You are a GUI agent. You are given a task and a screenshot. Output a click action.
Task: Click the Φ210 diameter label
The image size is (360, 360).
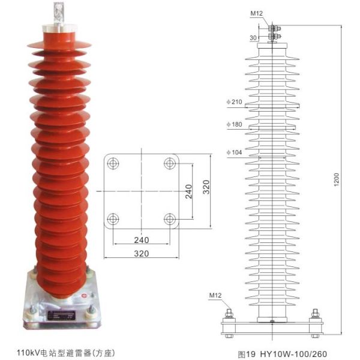pos(234,102)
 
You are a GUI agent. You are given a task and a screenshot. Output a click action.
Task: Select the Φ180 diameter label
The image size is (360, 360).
pos(234,124)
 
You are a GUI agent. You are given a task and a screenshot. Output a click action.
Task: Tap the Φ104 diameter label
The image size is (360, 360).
pos(234,152)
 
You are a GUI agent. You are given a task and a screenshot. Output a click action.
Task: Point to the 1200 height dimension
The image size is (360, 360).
pos(337,179)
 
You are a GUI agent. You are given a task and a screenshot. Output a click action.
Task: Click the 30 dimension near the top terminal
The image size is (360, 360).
pos(253,38)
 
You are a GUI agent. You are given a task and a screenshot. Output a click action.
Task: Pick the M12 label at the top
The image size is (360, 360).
pos(256,14)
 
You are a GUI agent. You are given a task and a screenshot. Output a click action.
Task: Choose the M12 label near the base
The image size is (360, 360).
pos(215,295)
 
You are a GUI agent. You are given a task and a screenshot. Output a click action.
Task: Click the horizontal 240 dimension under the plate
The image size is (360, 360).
pos(142,240)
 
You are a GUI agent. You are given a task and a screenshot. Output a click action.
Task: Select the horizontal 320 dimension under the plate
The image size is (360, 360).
pos(142,253)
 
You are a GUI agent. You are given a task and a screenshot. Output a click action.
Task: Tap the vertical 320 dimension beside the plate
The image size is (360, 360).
pos(206,187)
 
